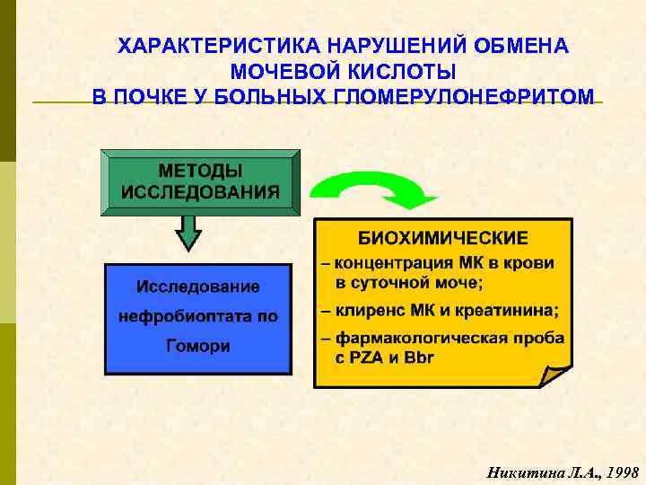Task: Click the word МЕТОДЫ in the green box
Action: point(200,170)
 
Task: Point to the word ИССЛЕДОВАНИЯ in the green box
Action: point(200,191)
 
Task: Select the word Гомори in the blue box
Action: point(197,346)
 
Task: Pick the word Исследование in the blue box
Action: point(197,287)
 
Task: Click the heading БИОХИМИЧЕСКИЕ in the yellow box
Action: point(443,238)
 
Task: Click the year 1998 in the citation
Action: point(622,471)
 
